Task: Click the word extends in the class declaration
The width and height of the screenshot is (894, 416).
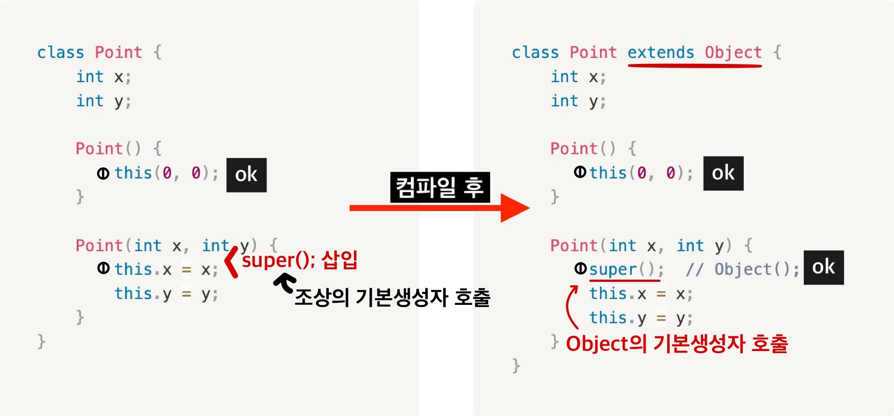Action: click(661, 53)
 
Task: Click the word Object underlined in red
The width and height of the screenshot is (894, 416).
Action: click(733, 53)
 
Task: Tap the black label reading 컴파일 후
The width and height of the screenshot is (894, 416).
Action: click(440, 187)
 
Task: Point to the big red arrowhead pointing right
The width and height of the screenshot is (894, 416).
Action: click(514, 208)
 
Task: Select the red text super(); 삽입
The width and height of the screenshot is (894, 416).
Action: click(299, 260)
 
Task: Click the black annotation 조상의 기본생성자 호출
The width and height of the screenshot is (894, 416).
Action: click(392, 297)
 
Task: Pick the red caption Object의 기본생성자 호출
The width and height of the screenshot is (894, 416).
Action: click(677, 344)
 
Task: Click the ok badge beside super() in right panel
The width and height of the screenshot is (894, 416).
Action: click(823, 267)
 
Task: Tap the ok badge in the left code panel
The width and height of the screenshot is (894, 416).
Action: click(246, 174)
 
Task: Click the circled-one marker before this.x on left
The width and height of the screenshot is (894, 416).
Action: click(104, 268)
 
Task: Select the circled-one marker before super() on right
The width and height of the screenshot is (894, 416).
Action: click(580, 268)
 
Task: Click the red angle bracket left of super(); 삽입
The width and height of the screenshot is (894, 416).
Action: click(231, 261)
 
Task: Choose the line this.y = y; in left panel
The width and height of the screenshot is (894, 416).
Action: click(166, 294)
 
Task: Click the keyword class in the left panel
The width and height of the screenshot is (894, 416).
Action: click(60, 53)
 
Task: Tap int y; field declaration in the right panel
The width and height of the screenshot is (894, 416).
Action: click(578, 101)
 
